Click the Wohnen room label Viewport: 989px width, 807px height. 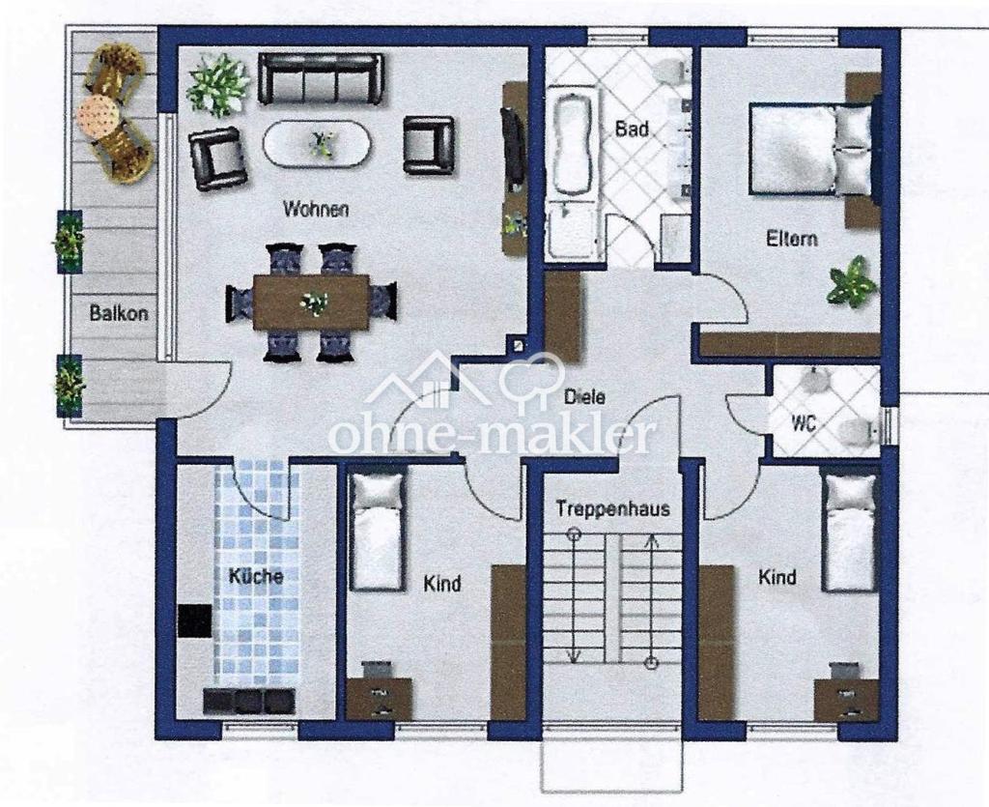316,209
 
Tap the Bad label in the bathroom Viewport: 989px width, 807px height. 632,130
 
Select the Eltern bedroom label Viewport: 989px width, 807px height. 792,239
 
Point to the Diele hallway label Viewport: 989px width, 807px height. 584,397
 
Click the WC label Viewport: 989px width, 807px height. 804,423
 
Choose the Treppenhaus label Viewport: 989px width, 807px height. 612,508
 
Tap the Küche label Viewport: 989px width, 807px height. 255,576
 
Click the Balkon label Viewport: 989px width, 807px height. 119,313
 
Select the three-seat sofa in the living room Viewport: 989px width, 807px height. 321,78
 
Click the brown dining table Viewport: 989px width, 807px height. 311,302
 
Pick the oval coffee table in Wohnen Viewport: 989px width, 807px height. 317,143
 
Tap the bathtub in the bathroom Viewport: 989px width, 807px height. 572,146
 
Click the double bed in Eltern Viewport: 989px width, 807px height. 811,150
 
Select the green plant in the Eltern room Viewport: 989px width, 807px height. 852,281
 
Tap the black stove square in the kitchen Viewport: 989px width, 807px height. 194,620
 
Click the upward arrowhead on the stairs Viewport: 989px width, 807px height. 652,540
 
